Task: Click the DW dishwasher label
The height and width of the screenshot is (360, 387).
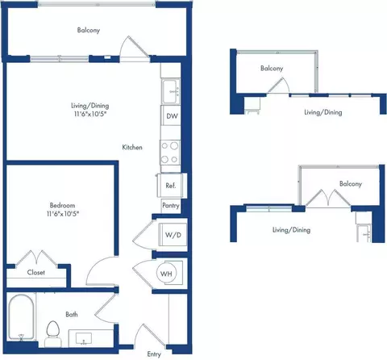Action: coord(172,116)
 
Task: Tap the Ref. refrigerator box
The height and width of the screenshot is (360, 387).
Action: coord(171,186)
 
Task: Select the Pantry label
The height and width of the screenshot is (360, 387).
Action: coord(171,206)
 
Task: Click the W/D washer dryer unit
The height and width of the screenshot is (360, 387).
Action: coord(173,234)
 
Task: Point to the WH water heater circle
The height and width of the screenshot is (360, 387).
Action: coord(166,274)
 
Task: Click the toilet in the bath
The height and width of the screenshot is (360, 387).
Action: coord(52,333)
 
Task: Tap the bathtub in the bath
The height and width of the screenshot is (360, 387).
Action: coord(21,317)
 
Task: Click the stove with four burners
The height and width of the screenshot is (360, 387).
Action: coord(170,153)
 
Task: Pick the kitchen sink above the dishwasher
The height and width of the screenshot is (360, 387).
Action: coord(170,91)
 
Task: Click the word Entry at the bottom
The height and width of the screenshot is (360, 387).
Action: coord(154,354)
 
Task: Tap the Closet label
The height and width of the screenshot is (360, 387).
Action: coord(36,272)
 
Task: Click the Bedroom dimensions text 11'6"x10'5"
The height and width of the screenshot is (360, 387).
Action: coord(63,214)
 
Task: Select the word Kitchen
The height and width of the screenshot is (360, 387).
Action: coord(132,147)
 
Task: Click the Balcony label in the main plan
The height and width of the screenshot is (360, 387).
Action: coord(89,30)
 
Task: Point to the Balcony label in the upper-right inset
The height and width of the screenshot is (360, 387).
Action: coord(272,68)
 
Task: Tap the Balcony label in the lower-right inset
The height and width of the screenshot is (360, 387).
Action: coord(351,184)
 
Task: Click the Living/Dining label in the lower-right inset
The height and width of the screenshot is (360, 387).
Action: coord(291,230)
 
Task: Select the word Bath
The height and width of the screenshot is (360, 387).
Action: coord(72,314)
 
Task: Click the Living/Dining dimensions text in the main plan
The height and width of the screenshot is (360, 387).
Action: coord(90,114)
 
